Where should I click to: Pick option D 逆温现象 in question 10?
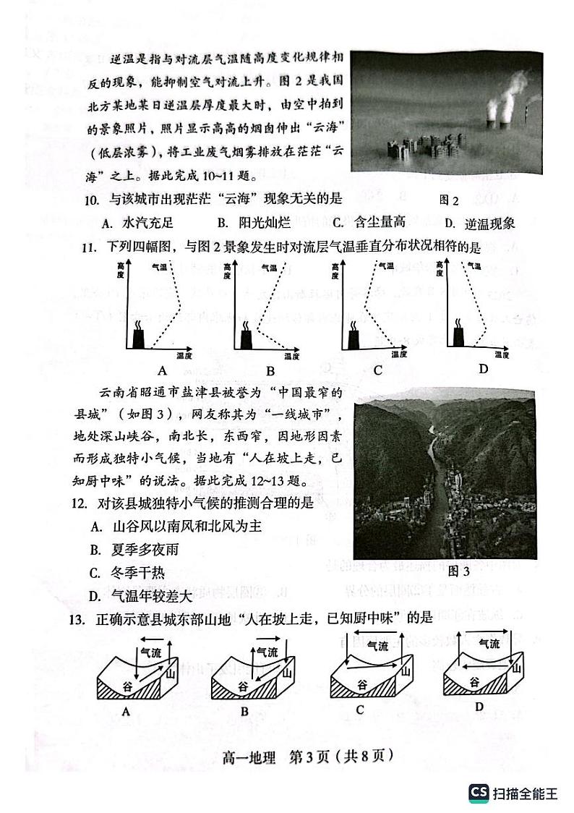480,224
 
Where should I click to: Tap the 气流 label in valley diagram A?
150,651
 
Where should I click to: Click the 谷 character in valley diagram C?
361,684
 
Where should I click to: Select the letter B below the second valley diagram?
244,712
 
